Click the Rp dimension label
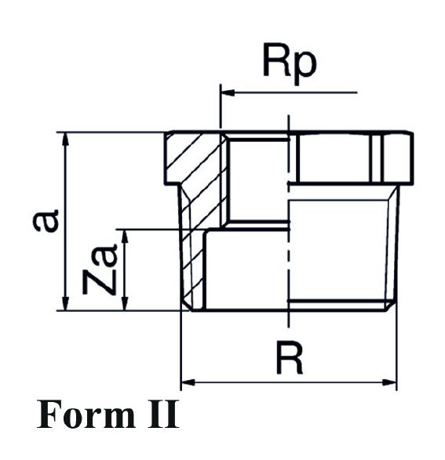290,63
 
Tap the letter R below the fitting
290,359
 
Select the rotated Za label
100,269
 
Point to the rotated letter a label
46,220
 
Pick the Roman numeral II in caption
163,415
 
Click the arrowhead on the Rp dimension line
228,92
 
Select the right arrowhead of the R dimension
389,382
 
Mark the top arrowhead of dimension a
66,139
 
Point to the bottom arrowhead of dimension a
66,302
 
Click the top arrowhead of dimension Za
126,237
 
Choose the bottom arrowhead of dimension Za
126,302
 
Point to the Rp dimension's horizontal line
289,92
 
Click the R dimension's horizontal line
289,382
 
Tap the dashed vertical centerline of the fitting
289,221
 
